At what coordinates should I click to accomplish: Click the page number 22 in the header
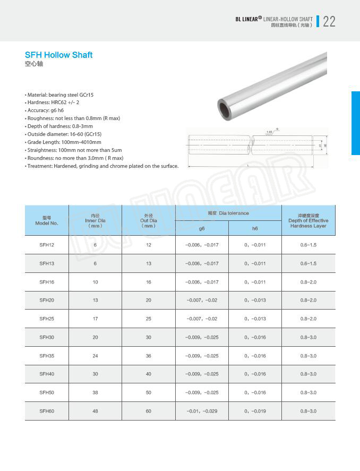(329, 21)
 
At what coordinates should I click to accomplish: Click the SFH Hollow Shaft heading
(58, 55)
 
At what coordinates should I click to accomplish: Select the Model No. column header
(47, 220)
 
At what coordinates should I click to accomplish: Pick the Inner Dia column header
(96, 220)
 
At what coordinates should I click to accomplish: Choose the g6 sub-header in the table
(202, 228)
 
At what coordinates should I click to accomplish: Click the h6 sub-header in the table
(255, 228)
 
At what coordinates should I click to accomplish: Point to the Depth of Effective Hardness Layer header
(308, 220)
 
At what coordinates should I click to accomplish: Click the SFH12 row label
(47, 245)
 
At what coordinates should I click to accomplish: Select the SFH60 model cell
(47, 411)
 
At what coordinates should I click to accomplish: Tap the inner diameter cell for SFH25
(96, 319)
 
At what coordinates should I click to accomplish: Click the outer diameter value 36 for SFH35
(149, 356)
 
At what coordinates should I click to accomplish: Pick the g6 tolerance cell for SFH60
(202, 411)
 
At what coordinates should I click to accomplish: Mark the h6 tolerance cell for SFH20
(255, 301)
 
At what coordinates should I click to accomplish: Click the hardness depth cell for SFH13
(308, 263)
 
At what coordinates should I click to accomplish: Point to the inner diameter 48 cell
(96, 411)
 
